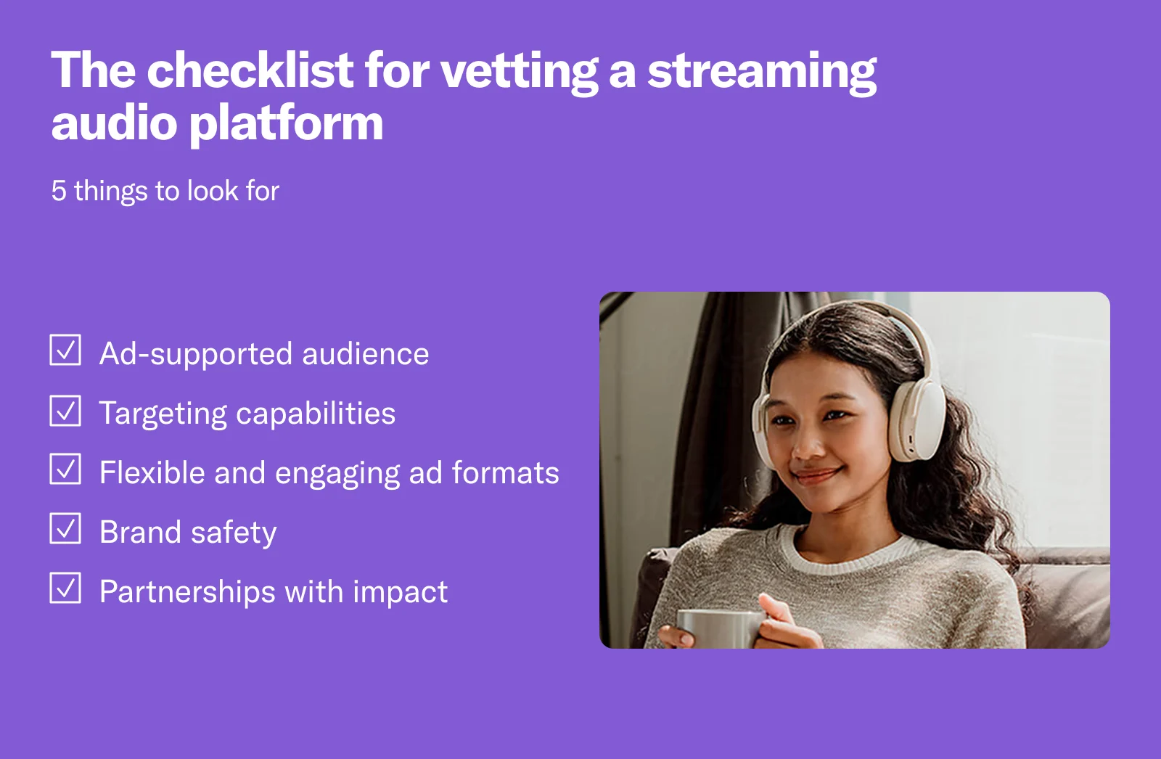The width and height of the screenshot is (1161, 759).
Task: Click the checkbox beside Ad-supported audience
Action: (65, 350)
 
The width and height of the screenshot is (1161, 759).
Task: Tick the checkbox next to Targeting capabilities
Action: (65, 410)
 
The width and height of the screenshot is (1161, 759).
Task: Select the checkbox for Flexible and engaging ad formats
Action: (65, 469)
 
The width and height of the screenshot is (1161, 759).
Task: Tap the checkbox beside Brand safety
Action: (65, 528)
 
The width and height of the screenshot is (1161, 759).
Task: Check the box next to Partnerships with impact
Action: (65, 588)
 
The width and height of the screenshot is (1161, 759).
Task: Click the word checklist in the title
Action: (250, 71)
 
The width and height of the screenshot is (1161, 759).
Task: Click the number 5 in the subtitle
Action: (59, 192)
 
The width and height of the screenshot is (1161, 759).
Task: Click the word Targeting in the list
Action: (163, 414)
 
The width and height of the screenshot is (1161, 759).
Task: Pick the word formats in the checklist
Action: (506, 473)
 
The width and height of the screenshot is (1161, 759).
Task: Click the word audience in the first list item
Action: (366, 354)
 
